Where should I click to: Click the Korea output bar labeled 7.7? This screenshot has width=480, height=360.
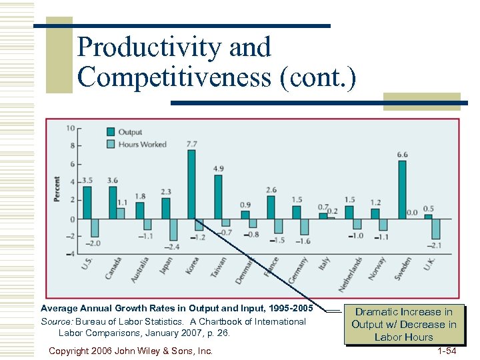click(x=191, y=184)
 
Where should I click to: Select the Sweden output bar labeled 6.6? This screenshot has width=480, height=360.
click(x=402, y=189)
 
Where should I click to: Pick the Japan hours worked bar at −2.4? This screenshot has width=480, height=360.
click(x=173, y=229)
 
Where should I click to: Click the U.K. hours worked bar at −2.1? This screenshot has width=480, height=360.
click(x=436, y=228)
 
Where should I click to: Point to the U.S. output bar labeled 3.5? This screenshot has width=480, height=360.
click(x=87, y=203)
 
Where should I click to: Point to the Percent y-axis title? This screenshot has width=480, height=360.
click(x=57, y=190)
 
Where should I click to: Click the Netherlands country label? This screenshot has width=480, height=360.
click(x=351, y=273)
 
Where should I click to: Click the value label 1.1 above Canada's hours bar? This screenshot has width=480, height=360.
click(x=122, y=203)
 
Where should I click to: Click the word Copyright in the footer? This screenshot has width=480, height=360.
click(x=72, y=351)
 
